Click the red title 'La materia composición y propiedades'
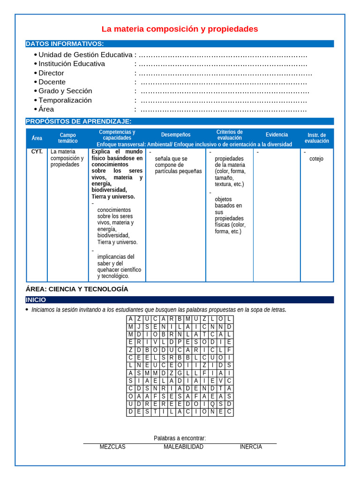click(180, 29)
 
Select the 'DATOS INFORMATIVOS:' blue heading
click(65, 44)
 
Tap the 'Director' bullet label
click(51, 73)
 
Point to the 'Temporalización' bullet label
click(65, 100)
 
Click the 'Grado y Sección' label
click(65, 91)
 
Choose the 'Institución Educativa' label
click(72, 64)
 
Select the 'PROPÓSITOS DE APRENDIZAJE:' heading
click(78, 121)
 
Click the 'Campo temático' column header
click(68, 138)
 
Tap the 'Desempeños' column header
click(176, 135)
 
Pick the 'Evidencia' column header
click(277, 135)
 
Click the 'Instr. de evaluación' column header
click(317, 138)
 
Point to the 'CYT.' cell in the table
click(37, 152)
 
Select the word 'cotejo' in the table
click(316, 159)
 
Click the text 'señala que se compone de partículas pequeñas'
click(178, 165)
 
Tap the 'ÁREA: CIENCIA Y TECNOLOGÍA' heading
click(77, 289)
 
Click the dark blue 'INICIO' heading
click(36, 300)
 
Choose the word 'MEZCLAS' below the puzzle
click(112, 447)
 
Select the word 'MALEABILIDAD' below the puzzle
click(183, 447)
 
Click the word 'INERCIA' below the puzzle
click(251, 447)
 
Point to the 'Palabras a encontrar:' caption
click(180, 438)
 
